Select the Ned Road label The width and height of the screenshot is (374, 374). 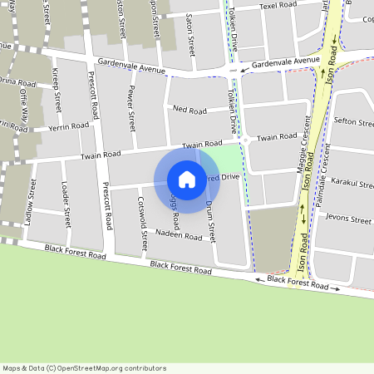pyautogui.click(x=189, y=110)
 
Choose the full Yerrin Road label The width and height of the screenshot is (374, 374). pyautogui.click(x=69, y=125)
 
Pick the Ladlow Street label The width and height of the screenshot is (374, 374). pyautogui.click(x=30, y=200)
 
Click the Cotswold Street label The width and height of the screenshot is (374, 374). pyautogui.click(x=143, y=218)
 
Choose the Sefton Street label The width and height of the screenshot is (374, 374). pyautogui.click(x=354, y=122)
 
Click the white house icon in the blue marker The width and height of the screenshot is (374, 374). pyautogui.click(x=187, y=180)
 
